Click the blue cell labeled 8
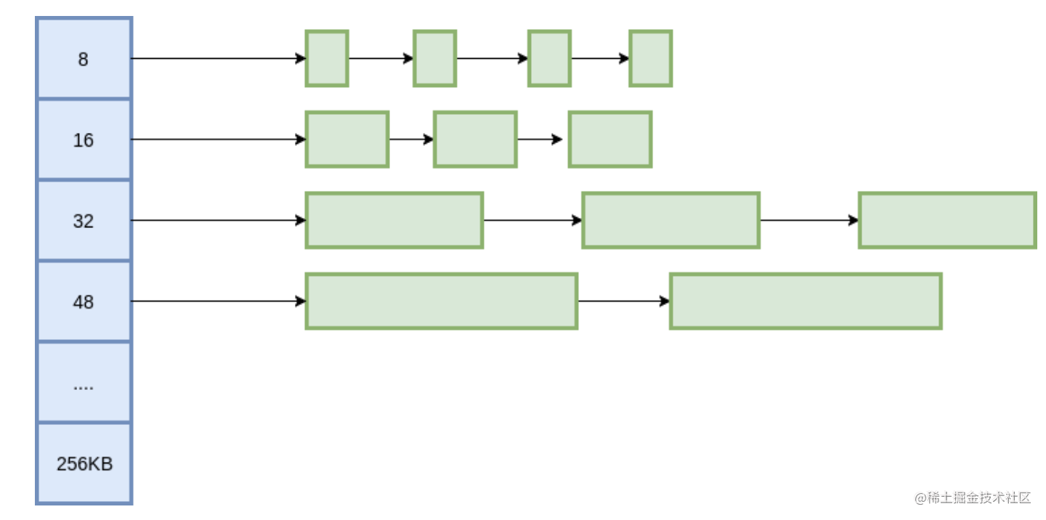tap(84, 58)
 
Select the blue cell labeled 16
tap(84, 139)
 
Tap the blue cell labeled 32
tap(84, 220)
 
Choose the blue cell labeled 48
tap(84, 301)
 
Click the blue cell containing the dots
tap(84, 383)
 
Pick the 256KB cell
tap(84, 463)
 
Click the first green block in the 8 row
tap(327, 58)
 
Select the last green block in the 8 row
tap(651, 58)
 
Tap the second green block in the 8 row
tap(434, 58)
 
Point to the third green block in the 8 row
tap(550, 58)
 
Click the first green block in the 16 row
tap(347, 139)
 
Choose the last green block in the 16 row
tap(610, 139)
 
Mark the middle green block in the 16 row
tap(475, 139)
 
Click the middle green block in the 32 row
tap(670, 220)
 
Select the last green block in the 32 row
tap(947, 220)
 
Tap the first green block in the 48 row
tap(442, 301)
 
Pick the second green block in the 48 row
tap(806, 301)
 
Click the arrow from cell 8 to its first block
tap(219, 58)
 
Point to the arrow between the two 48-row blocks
tap(624, 301)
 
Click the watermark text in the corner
tap(973, 498)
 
